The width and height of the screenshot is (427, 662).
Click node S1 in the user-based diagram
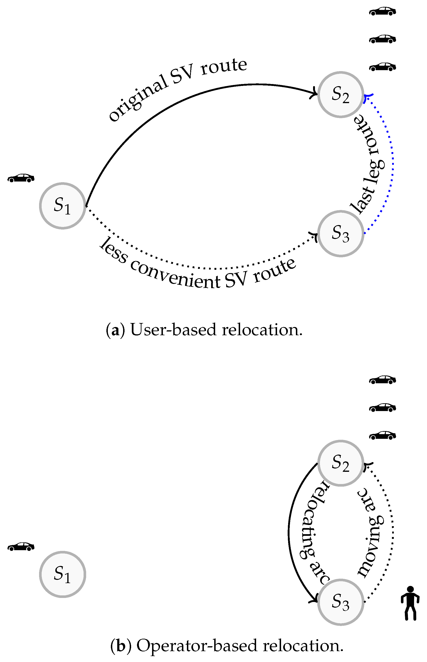(x=62, y=206)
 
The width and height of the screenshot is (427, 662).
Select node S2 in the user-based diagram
(x=340, y=95)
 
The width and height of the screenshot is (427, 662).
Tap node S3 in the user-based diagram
(x=340, y=234)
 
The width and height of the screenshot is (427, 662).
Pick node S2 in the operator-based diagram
(x=340, y=463)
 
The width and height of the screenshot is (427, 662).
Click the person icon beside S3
(x=410, y=603)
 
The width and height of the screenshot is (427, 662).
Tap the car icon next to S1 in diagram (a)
(x=21, y=178)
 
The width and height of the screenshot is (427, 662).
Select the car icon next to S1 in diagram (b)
(x=21, y=547)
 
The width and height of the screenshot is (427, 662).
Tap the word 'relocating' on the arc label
(x=313, y=521)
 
